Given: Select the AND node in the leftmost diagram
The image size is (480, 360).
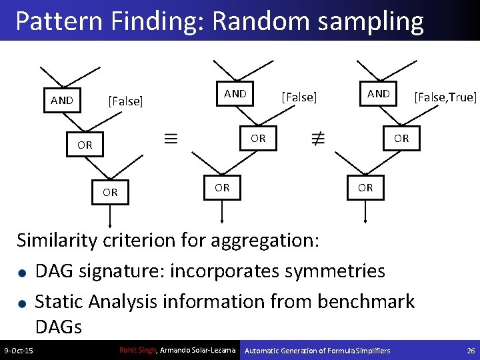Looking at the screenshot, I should pyautogui.click(x=62, y=101).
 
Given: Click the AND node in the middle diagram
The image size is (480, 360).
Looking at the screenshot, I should pyautogui.click(x=235, y=94).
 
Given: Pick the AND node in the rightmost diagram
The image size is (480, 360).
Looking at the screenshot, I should pyautogui.click(x=379, y=94).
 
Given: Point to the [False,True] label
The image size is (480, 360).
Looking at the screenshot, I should pyautogui.click(x=445, y=97).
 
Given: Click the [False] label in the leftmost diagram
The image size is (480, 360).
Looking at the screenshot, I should pyautogui.click(x=125, y=101).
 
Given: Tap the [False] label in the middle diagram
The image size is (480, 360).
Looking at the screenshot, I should pyautogui.click(x=299, y=97).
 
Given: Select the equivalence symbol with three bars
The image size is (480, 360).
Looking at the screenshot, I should pyautogui.click(x=171, y=139).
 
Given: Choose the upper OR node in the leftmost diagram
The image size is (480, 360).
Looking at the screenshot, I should pyautogui.click(x=85, y=145).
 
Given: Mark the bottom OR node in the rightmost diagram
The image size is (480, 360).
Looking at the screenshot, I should pyautogui.click(x=365, y=188).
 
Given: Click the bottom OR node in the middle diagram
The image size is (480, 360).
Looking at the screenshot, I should pyautogui.click(x=222, y=188).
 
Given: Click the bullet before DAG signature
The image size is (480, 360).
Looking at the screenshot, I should pyautogui.click(x=23, y=273).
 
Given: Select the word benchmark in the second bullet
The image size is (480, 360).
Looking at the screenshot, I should pyautogui.click(x=366, y=301).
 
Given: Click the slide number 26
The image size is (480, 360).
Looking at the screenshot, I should pyautogui.click(x=470, y=351).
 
